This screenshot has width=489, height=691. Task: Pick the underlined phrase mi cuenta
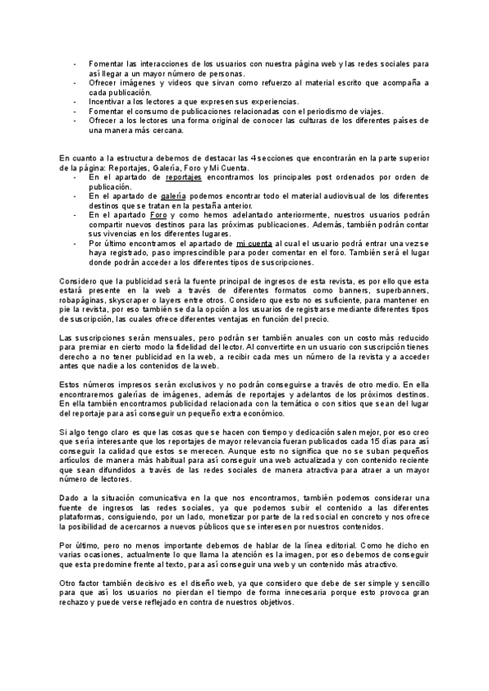(x=253, y=243)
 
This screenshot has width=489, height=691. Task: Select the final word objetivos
(x=271, y=602)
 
